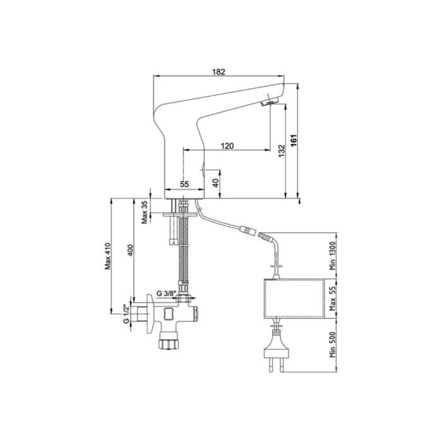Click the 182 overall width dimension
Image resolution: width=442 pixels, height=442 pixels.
click(x=218, y=72)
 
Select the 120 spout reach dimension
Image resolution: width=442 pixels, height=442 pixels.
click(x=227, y=146)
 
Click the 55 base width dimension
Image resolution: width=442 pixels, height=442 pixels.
click(x=184, y=184)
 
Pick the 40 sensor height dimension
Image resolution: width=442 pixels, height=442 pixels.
click(x=216, y=183)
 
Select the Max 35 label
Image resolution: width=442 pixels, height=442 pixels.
click(x=145, y=212)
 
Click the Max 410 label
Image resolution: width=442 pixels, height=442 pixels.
click(x=108, y=256)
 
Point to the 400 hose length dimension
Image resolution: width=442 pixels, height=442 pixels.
click(x=130, y=250)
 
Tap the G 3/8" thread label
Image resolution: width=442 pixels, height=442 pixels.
click(x=166, y=293)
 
